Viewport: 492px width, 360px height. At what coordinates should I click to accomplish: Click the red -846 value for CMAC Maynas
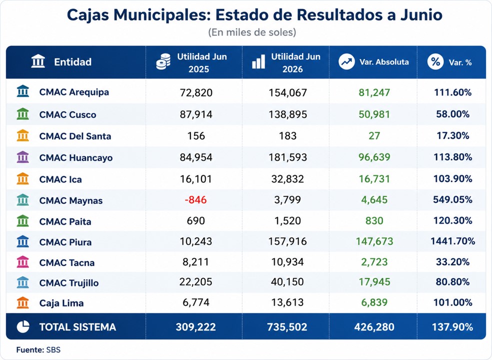195,200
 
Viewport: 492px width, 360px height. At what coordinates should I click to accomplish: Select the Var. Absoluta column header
384,62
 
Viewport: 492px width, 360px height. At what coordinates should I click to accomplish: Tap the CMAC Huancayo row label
75,157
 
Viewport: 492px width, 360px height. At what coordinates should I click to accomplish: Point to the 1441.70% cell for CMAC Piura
452,241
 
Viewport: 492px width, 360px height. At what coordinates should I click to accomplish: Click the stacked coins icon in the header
163,61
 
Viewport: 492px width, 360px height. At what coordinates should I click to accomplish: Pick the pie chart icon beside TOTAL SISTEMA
23,326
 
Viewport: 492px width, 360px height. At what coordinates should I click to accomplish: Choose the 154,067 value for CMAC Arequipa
287,92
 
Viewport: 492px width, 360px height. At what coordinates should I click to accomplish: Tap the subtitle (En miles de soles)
252,32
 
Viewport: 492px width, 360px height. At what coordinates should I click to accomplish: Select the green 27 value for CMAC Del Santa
374,136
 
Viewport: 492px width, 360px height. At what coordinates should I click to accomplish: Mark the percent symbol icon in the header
435,61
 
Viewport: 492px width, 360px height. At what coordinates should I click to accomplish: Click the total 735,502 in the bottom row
287,327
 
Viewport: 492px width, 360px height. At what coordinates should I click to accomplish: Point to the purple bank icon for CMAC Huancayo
23,157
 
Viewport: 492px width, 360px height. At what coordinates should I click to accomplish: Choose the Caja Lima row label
61,303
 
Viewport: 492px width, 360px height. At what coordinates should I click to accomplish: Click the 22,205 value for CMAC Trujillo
195,282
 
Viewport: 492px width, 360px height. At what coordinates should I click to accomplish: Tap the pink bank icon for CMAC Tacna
23,262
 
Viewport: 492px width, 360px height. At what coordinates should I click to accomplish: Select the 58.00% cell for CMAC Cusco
452,114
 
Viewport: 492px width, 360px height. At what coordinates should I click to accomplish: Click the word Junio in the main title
421,15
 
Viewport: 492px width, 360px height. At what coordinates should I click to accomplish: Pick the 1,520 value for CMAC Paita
287,220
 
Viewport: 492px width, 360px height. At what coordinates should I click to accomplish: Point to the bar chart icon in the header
258,62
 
